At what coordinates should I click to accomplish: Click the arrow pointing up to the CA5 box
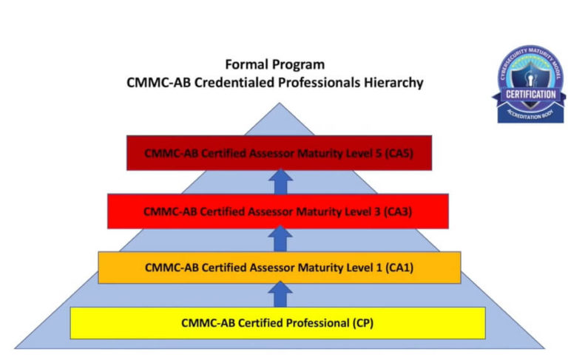tap(279, 182)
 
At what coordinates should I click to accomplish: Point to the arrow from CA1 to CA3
tap(279, 239)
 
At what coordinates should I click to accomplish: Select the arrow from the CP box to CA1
tap(279, 294)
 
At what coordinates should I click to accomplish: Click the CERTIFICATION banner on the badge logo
tap(530, 95)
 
